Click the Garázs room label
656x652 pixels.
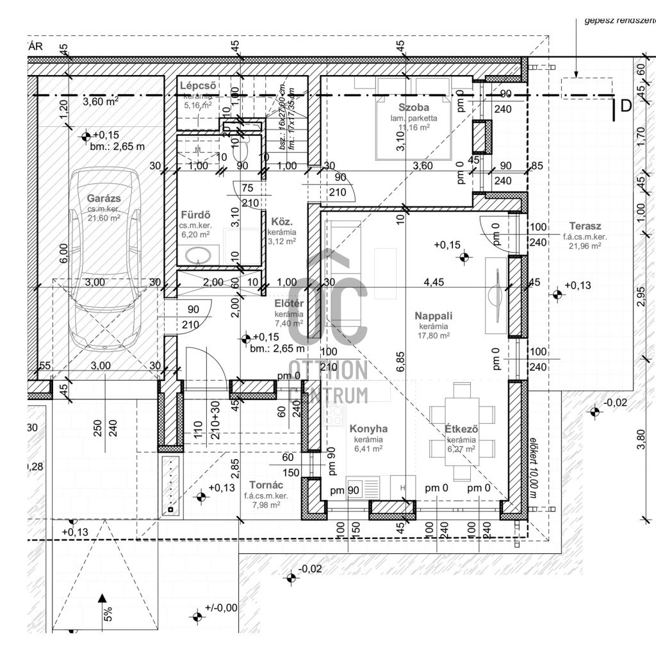tap(104, 199)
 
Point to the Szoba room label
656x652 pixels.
tap(413, 107)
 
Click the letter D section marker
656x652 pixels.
tap(625, 106)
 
